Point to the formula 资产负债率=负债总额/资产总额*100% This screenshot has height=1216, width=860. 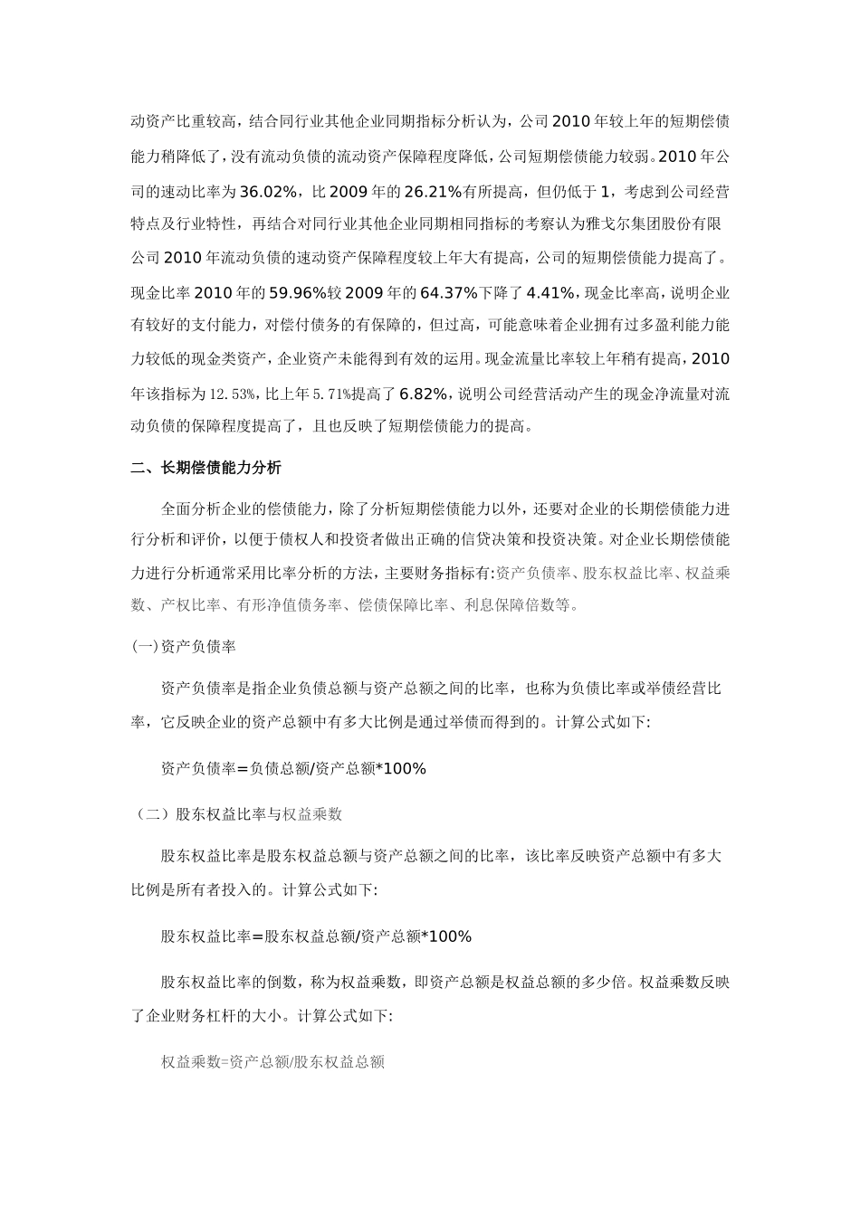tap(293, 769)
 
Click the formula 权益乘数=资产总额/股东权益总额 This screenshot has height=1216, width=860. tap(272, 1062)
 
